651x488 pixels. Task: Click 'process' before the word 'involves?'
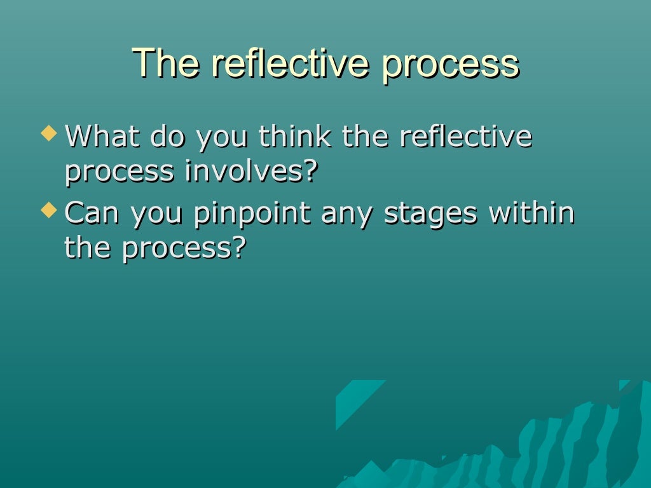[120, 173]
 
